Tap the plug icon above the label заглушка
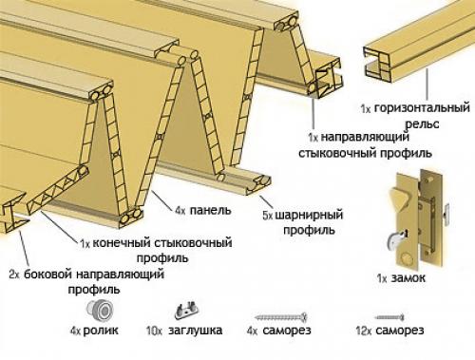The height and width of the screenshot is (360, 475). click(188, 310)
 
